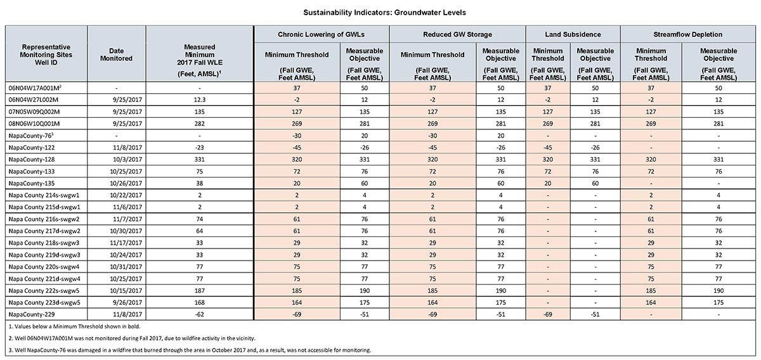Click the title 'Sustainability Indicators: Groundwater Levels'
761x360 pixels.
coord(384,13)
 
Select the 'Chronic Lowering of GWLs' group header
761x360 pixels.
coord(321,34)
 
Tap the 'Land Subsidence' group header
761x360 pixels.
coord(573,34)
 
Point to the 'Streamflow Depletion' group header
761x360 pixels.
coord(687,34)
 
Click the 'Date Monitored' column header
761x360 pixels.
coord(116,55)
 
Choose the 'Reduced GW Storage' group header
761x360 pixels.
coord(457,34)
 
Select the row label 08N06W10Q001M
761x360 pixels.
coord(34,124)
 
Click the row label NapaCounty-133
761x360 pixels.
coord(32,172)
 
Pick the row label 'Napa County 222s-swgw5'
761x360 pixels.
coord(44,291)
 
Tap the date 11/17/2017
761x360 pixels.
coord(127,243)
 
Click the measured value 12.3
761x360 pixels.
coord(199,100)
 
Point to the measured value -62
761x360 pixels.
coord(199,314)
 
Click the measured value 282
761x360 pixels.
coord(199,124)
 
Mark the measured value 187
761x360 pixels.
coord(199,291)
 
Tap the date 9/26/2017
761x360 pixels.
coord(127,302)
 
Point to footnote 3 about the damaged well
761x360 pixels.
coord(190,350)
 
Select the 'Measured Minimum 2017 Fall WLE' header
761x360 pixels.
coord(199,60)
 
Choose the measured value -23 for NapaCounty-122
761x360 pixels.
coord(199,148)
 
